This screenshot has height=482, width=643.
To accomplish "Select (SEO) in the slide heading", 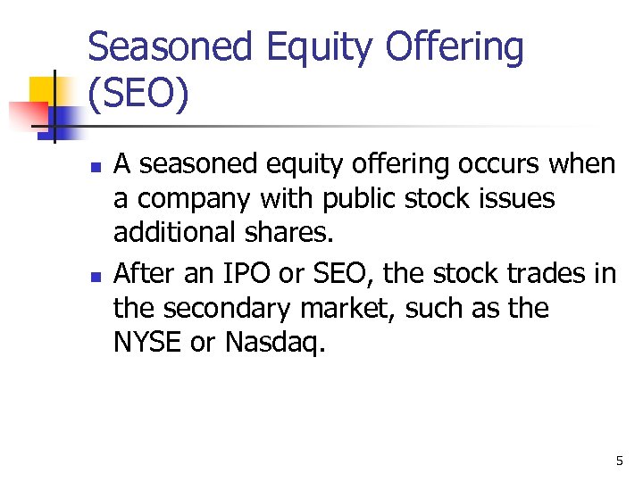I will (138, 94).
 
